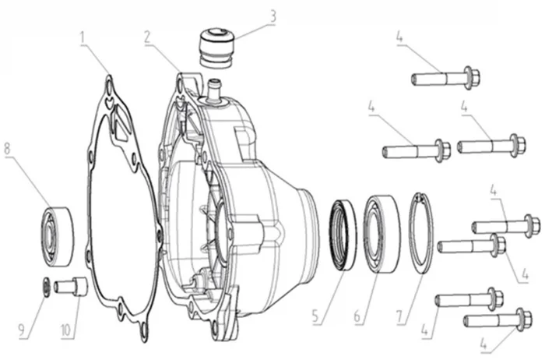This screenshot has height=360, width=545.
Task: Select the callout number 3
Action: pos(272,14)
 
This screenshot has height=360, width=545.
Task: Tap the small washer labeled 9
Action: pos(47,285)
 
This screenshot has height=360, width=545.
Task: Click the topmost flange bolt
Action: pos(445,78)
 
